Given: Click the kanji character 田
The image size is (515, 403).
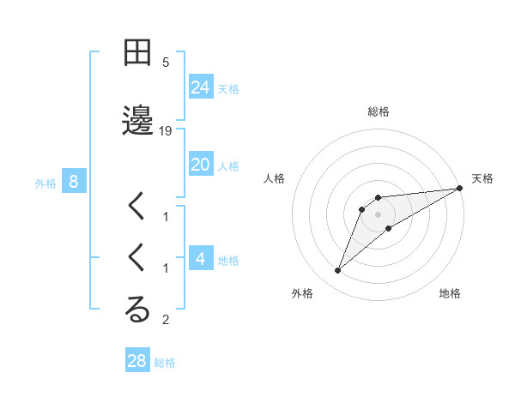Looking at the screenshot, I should (137, 53).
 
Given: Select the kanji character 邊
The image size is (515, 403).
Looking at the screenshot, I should (137, 121).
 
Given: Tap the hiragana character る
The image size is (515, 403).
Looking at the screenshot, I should (137, 311).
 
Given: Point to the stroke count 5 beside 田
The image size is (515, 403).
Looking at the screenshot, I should (166, 63).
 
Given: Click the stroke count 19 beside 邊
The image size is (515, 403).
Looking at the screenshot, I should (166, 131).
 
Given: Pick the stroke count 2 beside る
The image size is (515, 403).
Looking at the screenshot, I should (166, 321).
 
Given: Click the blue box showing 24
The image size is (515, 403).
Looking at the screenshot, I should (201, 87).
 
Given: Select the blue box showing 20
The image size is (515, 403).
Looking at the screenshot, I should (201, 165).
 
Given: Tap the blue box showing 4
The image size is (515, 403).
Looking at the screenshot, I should (201, 258).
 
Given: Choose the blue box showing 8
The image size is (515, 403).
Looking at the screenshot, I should (74, 181).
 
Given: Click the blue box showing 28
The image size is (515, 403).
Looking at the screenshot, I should (137, 361).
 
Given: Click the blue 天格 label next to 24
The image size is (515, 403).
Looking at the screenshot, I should (228, 88).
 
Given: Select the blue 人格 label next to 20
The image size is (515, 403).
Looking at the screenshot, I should (228, 165).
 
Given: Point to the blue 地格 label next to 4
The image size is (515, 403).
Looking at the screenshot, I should (228, 260).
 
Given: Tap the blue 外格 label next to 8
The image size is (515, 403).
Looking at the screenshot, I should (45, 183).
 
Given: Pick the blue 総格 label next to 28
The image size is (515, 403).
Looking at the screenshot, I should (165, 363).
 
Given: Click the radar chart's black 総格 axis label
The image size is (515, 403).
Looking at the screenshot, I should (379, 111).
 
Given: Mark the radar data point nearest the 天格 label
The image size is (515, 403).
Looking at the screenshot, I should (460, 189).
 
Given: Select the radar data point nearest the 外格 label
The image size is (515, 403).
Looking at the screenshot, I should (337, 271).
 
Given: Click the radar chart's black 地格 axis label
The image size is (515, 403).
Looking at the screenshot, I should (450, 293).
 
